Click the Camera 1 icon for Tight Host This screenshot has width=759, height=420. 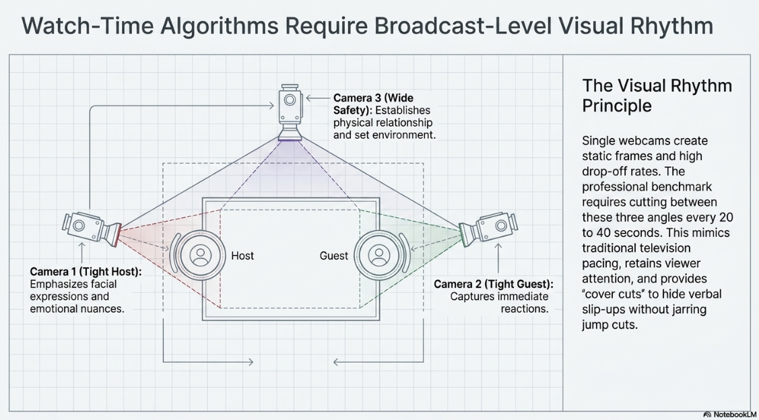tap(92, 228)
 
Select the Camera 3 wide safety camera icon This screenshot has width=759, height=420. tap(290, 112)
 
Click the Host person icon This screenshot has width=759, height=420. tap(200, 255)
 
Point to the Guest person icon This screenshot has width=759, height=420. tap(379, 255)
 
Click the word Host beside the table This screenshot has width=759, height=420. tap(242, 256)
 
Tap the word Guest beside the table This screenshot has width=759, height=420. tap(334, 256)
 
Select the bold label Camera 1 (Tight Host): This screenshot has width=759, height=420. tap(86, 272)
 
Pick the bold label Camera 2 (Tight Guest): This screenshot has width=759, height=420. tap(493, 284)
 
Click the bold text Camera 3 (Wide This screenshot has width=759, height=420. tap(373, 98)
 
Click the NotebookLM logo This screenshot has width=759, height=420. tap(729, 415)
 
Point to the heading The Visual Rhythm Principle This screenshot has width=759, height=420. tap(657, 96)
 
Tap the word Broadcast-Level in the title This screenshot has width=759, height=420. tap(466, 26)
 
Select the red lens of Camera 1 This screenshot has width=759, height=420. tap(116, 235)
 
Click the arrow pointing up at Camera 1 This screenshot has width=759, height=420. tap(81, 252)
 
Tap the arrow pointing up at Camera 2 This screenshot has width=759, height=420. tap(498, 257)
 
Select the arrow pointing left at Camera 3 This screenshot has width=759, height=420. tap(318, 98)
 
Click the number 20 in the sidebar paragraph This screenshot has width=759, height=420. tap(725, 217)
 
